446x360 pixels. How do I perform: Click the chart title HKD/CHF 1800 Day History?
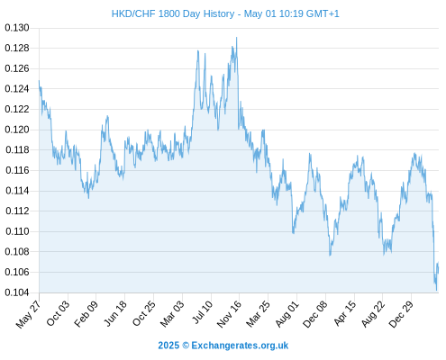(x=173, y=13)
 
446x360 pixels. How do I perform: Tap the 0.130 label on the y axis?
(x=17, y=28)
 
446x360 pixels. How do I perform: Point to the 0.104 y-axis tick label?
(x=17, y=292)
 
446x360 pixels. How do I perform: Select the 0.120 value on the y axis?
(x=17, y=130)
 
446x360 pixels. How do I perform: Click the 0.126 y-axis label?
(x=17, y=68)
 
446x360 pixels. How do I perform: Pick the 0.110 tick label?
(x=17, y=231)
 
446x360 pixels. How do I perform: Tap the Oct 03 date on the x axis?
(x=58, y=313)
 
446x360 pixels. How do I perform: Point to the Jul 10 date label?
(x=202, y=312)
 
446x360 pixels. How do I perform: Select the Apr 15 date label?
(x=345, y=313)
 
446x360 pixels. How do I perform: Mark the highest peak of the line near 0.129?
(x=237, y=38)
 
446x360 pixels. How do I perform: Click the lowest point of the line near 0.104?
(x=437, y=291)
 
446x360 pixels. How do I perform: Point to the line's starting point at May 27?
(x=39, y=80)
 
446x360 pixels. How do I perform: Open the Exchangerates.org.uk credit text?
(x=240, y=346)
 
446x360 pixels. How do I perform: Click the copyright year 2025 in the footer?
(x=168, y=346)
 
